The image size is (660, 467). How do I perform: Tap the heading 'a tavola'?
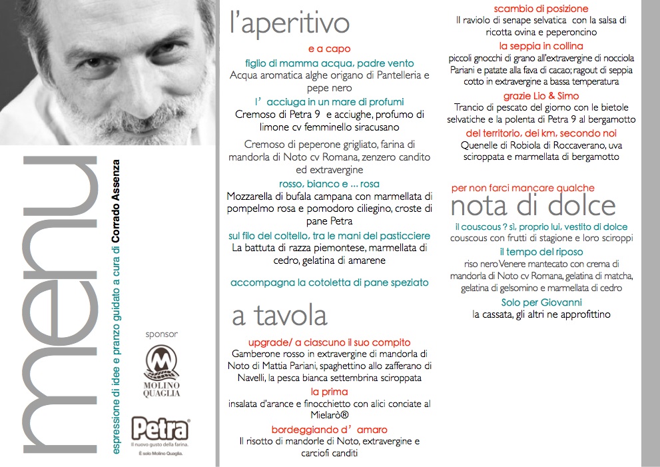click(x=279, y=315)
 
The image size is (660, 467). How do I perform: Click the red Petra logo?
click(x=161, y=430)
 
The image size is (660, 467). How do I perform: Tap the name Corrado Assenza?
click(x=117, y=200)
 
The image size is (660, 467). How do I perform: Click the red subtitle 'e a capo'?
click(x=329, y=49)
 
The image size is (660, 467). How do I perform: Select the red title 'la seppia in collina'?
click(x=541, y=46)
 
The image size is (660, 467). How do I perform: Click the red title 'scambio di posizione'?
click(x=541, y=9)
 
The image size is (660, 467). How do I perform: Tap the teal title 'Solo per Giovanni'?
click(x=541, y=302)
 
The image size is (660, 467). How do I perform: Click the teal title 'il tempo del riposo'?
click(x=541, y=252)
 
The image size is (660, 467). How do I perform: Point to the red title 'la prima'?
click(x=329, y=391)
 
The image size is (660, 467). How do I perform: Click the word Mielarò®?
click(x=329, y=416)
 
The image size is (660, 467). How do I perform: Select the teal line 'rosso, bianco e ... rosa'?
click(x=329, y=184)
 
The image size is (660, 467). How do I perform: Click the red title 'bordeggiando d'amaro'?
click(x=329, y=429)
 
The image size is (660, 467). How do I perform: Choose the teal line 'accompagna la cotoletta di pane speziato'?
click(x=329, y=282)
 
